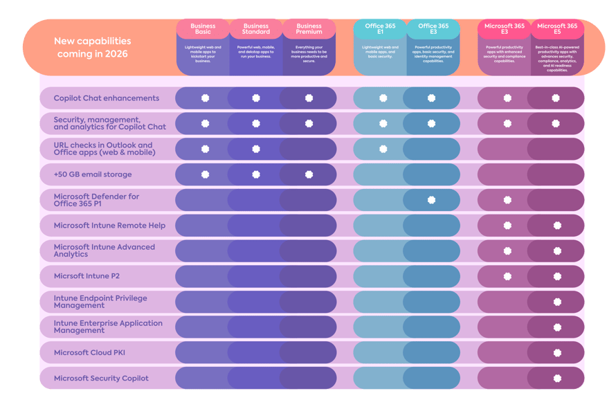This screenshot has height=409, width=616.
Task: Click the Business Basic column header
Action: coord(203,28)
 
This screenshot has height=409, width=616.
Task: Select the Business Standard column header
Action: coord(256,28)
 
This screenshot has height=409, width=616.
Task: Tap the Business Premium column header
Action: coord(309,28)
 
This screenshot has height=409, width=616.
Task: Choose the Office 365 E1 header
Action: coord(380,28)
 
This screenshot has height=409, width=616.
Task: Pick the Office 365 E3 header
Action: coord(433,28)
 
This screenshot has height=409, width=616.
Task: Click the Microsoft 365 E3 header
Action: coord(505,28)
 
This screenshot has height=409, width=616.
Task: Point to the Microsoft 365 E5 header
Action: coord(557,28)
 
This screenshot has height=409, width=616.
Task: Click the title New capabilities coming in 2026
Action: coord(93,47)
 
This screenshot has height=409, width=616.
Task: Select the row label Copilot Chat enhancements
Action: coord(107,98)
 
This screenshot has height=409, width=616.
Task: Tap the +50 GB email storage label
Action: coord(93,174)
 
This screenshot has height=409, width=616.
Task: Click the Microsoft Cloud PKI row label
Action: coord(89,353)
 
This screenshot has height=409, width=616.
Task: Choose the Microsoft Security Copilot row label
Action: coord(101,379)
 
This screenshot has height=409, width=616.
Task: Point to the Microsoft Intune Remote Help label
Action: coord(109,226)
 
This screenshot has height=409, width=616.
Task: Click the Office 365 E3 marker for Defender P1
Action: coord(432,200)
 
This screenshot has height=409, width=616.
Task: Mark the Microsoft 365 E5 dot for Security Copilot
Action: coord(557,379)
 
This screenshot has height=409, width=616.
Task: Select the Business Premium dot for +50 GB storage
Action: coord(309,174)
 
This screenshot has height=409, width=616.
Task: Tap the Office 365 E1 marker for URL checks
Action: coord(383,149)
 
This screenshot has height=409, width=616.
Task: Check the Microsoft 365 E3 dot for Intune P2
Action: coord(507,276)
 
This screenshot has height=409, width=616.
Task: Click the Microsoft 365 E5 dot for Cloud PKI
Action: coord(557,353)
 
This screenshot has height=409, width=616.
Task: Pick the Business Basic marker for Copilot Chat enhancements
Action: coord(206,98)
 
